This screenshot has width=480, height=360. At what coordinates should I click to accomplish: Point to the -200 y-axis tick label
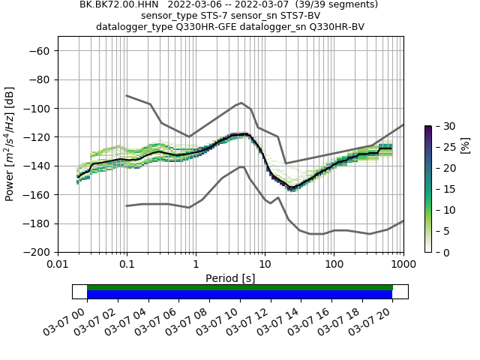pyautogui.click(x=38, y=252)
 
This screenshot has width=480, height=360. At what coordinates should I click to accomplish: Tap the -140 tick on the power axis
pyautogui.click(x=38, y=166)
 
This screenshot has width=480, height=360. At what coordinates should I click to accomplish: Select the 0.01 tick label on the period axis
pyautogui.click(x=58, y=265)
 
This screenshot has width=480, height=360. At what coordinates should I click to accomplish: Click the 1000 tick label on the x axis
pyautogui.click(x=403, y=265)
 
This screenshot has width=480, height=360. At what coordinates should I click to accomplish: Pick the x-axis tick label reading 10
pyautogui.click(x=265, y=265)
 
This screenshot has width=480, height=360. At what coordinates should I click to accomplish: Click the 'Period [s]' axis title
pyautogui.click(x=230, y=278)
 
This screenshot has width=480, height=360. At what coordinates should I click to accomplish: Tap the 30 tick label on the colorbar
pyautogui.click(x=443, y=126)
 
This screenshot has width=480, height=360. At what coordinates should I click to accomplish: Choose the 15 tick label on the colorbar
pyautogui.click(x=443, y=189)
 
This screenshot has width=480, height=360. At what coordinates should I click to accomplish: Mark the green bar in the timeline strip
pyautogui.click(x=240, y=287)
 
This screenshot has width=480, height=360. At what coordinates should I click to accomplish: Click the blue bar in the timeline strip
pyautogui.click(x=240, y=295)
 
